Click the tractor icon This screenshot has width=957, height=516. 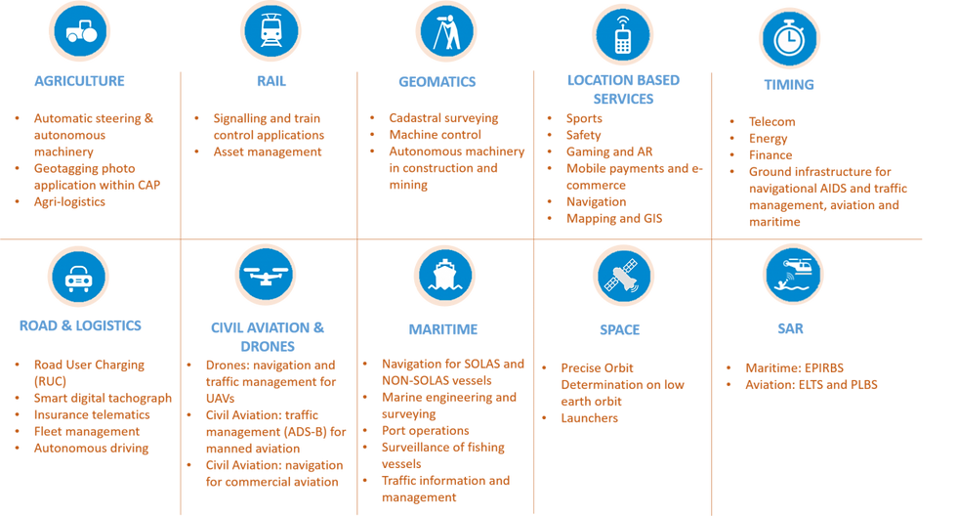click(80, 31)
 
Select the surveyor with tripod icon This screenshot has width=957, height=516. click(445, 31)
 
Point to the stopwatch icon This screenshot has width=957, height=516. click(789, 38)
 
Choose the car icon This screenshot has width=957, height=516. click(79, 276)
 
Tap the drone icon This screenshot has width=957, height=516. click(267, 275)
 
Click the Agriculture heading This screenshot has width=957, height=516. click(80, 81)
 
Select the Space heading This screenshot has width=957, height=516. click(622, 329)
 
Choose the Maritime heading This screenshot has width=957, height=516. click(444, 329)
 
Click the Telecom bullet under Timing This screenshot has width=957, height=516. click(772, 121)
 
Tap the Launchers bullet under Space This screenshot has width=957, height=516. click(591, 417)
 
